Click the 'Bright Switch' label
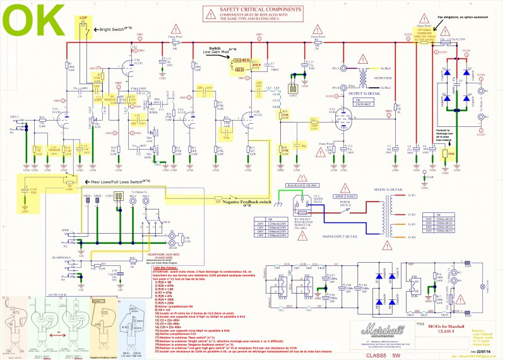pos(113,29)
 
